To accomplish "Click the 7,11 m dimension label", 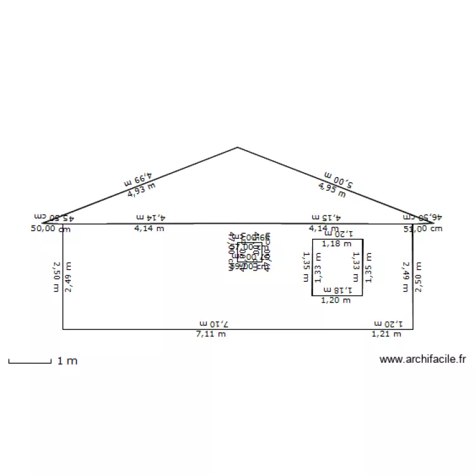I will click(210, 334).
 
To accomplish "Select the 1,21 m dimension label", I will click(386, 333).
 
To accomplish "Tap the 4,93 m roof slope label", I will click(141, 189).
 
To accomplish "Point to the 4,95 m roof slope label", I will click(331, 187).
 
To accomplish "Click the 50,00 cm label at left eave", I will click(50, 229).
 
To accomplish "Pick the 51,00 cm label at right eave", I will click(422, 229).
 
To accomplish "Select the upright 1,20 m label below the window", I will click(336, 300).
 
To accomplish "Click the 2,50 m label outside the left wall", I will click(56, 277).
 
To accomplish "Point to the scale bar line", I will click(29, 362).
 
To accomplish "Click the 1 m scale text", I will click(67, 361).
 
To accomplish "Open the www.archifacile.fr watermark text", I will click(422, 360).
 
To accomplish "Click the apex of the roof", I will click(237, 148).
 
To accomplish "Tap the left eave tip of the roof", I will click(43, 224).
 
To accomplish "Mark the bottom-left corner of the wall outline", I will click(63, 329).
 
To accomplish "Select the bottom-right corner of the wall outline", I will click(413, 329).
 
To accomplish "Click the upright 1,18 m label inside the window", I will click(336, 243).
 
